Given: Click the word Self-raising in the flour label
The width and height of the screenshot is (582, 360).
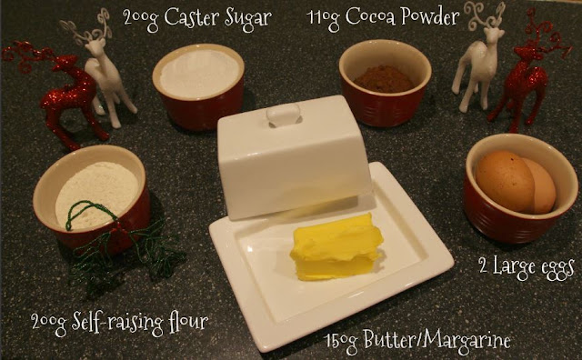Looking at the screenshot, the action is (x=118, y=322).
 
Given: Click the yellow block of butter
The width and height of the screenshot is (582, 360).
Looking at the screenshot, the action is (x=336, y=247).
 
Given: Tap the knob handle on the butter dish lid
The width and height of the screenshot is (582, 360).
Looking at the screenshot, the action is (x=284, y=115).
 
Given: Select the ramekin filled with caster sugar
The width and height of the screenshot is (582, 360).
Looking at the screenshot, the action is (x=199, y=86).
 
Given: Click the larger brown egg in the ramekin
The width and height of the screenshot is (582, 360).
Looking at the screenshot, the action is (x=505, y=180).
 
